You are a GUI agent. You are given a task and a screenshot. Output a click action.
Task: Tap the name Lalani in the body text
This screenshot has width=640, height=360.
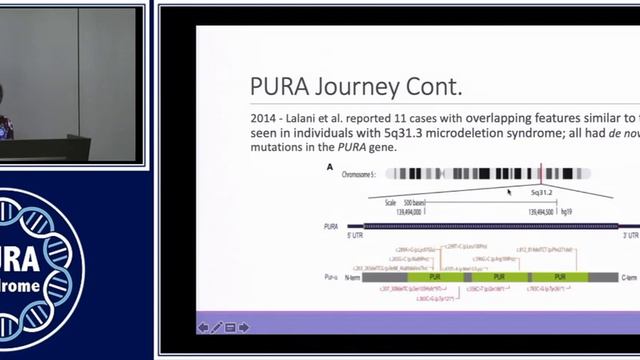pos(317,117)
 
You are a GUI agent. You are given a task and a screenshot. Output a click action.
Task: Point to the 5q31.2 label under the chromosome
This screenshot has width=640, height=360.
pos(549,191)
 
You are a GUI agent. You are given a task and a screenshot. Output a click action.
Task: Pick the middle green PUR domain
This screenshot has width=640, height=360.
pos(498,277)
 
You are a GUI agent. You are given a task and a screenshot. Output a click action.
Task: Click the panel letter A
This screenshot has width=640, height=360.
pos(331,167)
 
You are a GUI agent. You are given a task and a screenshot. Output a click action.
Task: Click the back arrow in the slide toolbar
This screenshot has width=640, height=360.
pos(203,327)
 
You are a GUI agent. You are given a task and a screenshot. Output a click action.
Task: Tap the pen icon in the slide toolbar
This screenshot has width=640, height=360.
pos(217,327)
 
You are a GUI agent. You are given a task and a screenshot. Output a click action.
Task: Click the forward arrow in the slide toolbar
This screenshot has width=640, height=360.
pos(244,327)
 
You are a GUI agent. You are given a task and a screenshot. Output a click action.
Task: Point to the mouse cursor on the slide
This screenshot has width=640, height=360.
pos(509,191)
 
